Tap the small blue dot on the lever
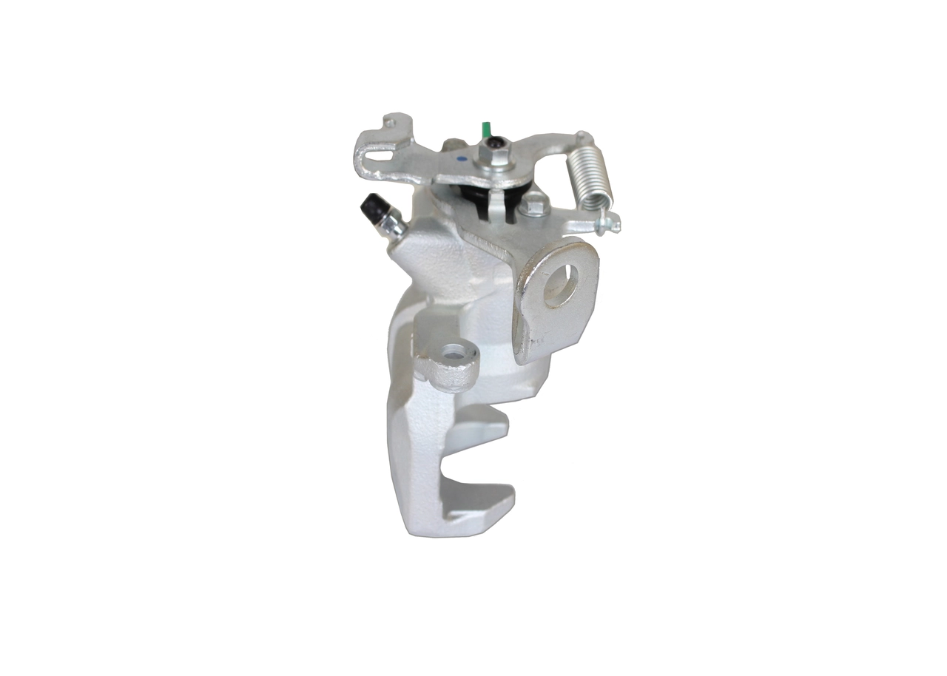tap(460, 158)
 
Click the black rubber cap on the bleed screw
tap(371, 207)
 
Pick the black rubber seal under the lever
tap(473, 198)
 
